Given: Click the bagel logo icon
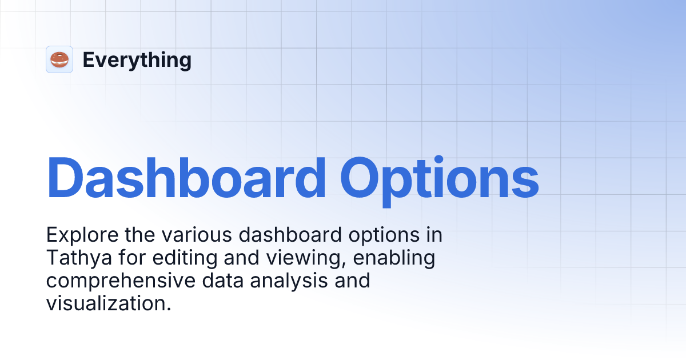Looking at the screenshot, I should click(x=59, y=59).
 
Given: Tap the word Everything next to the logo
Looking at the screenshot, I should click(x=137, y=60).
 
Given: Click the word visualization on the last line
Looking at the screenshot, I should click(x=109, y=303).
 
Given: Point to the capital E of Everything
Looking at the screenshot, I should click(x=88, y=60).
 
